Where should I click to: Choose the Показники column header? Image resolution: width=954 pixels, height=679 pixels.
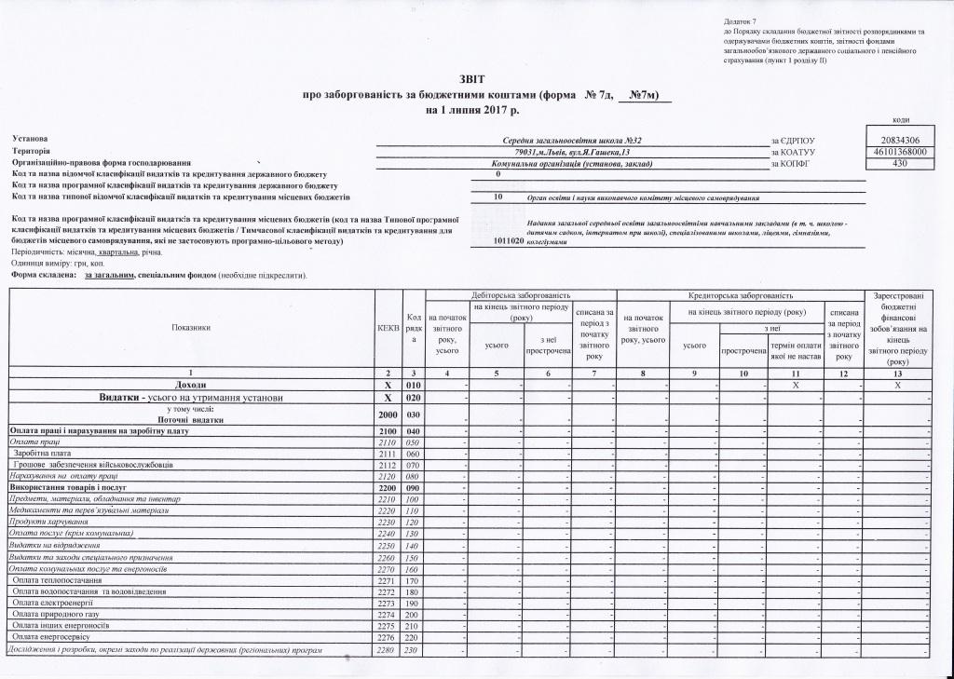(x=191, y=328)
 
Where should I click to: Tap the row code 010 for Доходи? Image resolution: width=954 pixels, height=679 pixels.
(x=413, y=385)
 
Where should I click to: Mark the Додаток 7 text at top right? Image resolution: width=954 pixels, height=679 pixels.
(x=741, y=21)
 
